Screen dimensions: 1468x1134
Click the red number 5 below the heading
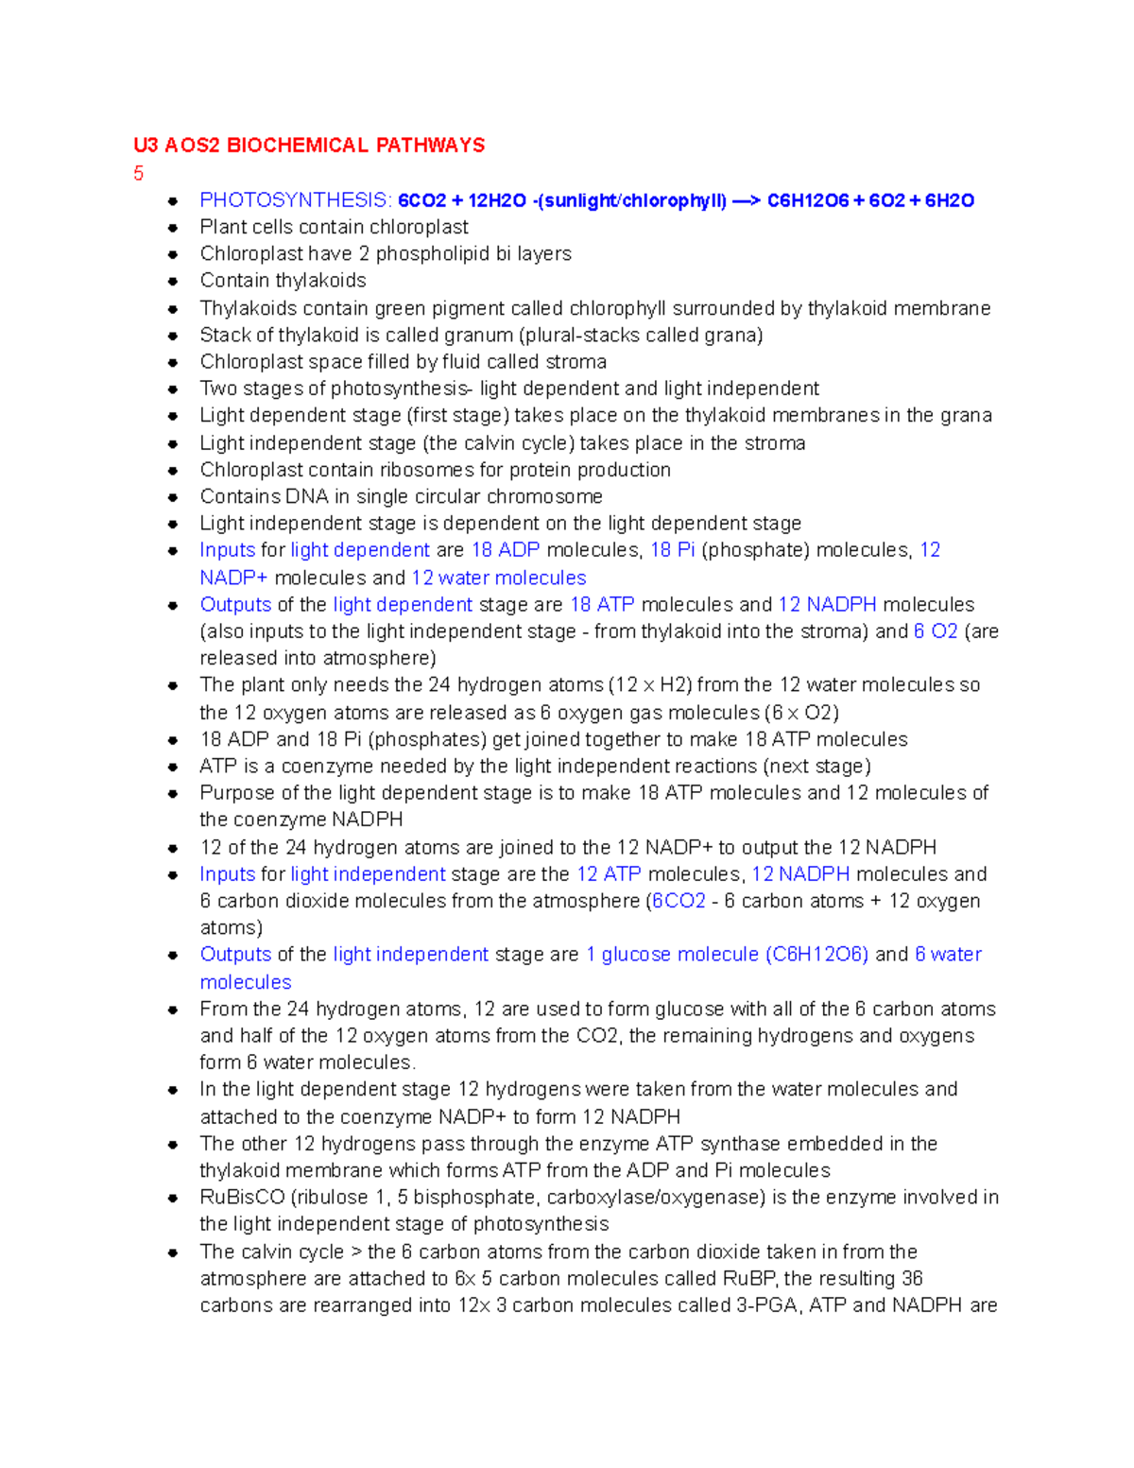pos(139,173)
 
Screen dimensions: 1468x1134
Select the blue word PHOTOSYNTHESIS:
pos(295,200)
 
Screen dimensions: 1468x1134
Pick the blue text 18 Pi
pos(672,550)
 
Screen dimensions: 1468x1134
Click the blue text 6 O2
pos(936,631)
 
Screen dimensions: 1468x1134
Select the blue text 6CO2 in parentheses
pos(679,901)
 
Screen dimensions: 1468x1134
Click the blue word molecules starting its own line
pos(246,982)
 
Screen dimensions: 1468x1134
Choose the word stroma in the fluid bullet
pos(576,362)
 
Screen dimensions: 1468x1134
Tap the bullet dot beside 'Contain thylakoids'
pos(173,282)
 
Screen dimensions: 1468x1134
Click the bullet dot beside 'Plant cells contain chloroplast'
pos(173,228)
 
